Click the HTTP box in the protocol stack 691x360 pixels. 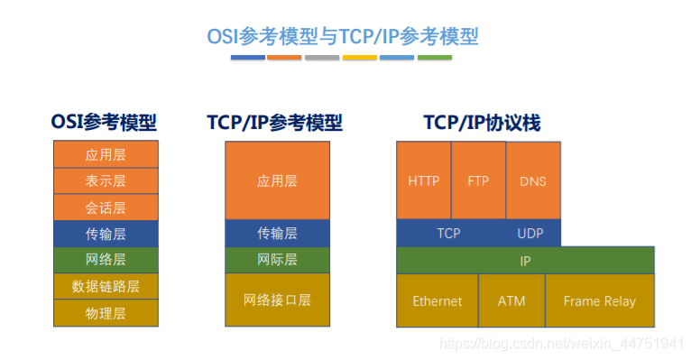pos(423,180)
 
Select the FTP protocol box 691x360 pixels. pos(479,180)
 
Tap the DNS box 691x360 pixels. pos(533,180)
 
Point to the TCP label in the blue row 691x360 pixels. pos(448,233)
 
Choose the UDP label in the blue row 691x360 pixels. pos(530,233)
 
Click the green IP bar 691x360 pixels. pos(525,261)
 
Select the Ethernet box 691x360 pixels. pos(438,301)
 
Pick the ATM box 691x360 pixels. pos(511,301)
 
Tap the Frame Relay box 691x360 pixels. pos(600,301)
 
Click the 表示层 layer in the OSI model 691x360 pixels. pos(106,180)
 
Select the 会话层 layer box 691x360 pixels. pos(106,208)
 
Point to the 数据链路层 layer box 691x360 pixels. pos(106,286)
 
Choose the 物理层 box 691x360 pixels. pos(106,313)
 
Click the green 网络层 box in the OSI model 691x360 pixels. pos(106,260)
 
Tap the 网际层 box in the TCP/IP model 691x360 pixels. pos(277,260)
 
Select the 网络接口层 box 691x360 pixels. pos(277,300)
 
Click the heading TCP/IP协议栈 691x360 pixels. pos(482,123)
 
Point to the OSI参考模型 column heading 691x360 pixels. pos(104,122)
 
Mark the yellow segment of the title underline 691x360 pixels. pos(360,57)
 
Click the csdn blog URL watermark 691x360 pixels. pos(561,343)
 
